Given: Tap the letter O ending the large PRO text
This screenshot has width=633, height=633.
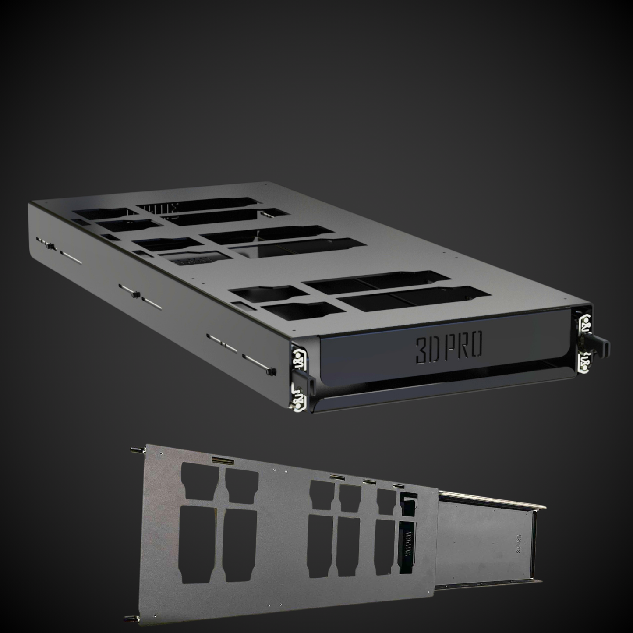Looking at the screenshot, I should pos(476,346).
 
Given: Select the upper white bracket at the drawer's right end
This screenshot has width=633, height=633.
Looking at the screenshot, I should pos(585,325).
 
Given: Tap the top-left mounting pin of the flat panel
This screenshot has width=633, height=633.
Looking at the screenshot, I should pos(133,450).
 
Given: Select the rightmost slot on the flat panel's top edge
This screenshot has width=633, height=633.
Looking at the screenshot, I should pos(398,486).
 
